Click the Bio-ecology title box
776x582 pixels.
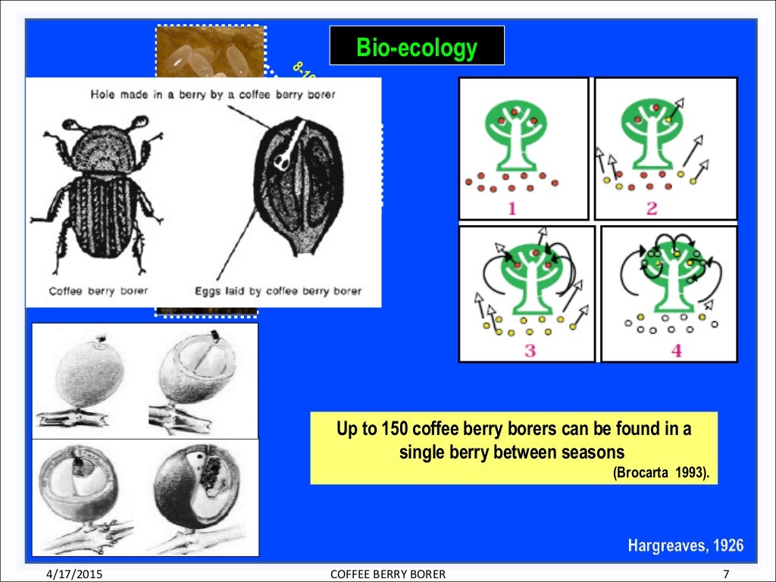click(417, 46)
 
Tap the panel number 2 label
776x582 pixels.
click(652, 208)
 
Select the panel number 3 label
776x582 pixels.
click(529, 350)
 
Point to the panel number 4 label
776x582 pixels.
click(676, 350)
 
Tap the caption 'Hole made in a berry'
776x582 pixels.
click(212, 95)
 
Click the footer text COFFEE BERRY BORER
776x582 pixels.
click(388, 574)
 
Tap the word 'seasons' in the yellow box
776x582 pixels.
click(587, 453)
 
